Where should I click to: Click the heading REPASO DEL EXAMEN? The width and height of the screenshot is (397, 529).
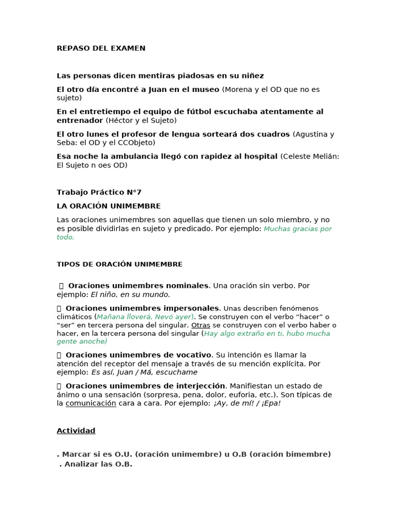pyautogui.click(x=101, y=49)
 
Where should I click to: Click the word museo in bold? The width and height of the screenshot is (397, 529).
pyautogui.click(x=205, y=89)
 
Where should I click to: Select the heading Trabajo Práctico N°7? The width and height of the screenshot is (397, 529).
pyautogui.click(x=99, y=192)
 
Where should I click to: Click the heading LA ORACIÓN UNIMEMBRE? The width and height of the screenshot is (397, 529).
pyautogui.click(x=109, y=206)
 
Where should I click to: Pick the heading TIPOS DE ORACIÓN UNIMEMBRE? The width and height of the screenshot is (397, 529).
pyautogui.click(x=119, y=264)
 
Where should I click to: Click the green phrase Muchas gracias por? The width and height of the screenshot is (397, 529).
pyautogui.click(x=298, y=229)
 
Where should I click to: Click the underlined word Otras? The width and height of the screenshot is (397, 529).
pyautogui.click(x=200, y=325)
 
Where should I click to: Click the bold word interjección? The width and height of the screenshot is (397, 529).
pyautogui.click(x=199, y=386)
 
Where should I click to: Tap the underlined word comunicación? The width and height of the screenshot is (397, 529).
pyautogui.click(x=90, y=403)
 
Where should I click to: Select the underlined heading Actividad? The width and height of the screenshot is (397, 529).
pyautogui.click(x=76, y=431)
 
